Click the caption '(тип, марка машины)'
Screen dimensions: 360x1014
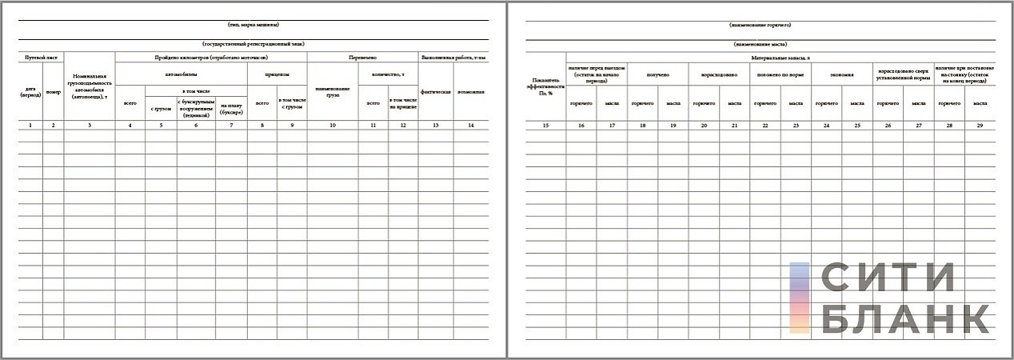(x=253, y=25)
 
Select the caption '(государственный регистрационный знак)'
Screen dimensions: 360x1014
(x=253, y=44)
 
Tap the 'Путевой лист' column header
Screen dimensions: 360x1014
(x=41, y=58)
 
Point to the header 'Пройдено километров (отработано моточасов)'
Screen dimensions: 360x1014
(x=211, y=58)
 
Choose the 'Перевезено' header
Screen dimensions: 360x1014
(x=362, y=58)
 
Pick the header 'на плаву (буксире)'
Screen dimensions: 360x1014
(x=231, y=108)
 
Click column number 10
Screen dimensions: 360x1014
(x=333, y=126)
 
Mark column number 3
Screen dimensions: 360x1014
(x=90, y=126)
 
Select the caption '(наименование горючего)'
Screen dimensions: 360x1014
(x=749, y=25)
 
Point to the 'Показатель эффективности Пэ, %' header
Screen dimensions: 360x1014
(x=547, y=86)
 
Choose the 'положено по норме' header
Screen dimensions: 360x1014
(x=780, y=74)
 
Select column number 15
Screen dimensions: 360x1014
(x=547, y=126)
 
